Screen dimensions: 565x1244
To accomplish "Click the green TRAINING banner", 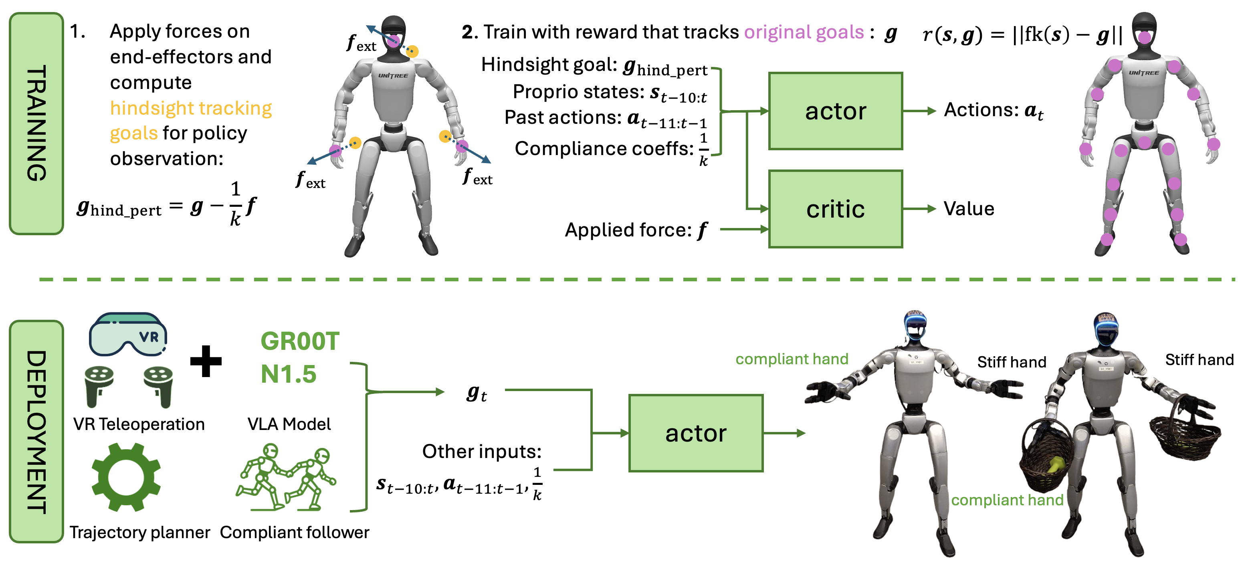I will pos(36,124).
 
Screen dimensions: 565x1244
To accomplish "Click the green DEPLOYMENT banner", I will pos(36,431).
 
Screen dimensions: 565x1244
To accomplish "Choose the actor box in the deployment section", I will pos(695,433).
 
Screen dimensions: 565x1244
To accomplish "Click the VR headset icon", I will pos(127,334).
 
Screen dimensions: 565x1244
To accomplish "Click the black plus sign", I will pos(206,361).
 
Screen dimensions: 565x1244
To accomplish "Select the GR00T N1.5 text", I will pos(299,357).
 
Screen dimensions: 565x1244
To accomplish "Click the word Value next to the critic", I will pos(969,209).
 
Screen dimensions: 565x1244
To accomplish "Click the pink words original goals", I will pos(804,32).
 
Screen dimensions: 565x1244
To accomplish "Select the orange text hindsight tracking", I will pos(191,108).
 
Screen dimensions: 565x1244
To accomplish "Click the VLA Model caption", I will pos(289,424).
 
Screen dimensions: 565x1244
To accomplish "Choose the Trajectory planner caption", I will pos(139,532).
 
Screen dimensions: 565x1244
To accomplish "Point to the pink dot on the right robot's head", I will pos(1144,37).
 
